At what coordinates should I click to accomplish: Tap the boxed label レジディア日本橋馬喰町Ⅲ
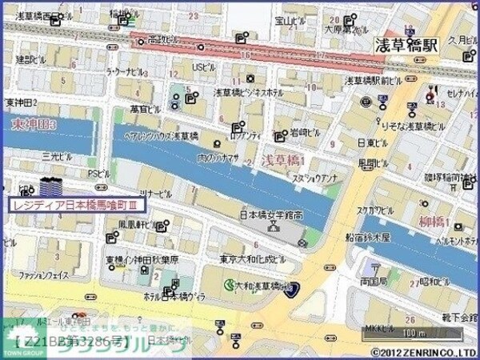78,205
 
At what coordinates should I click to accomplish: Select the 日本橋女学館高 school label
271,214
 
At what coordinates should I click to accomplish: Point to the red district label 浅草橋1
282,161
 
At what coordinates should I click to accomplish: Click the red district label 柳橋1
435,220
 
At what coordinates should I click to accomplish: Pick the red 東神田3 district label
33,126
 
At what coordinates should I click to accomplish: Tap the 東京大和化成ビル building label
252,260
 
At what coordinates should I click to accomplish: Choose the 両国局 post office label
374,282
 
